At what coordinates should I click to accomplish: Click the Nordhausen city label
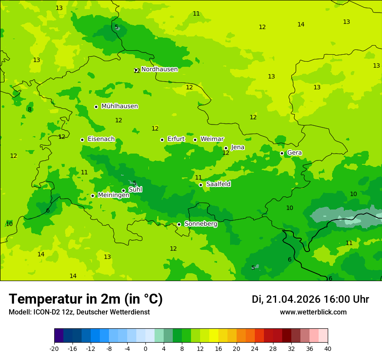(159, 69)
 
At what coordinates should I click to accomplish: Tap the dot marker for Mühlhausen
(96, 107)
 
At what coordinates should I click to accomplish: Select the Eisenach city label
(101, 139)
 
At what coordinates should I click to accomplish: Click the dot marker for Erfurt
(162, 140)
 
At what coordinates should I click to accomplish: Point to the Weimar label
(212, 139)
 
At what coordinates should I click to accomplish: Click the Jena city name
(237, 147)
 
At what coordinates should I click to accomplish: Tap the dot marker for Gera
(282, 153)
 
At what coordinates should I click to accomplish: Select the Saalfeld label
(218, 184)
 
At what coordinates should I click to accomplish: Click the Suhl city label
(135, 190)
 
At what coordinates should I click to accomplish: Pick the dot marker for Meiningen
(92, 196)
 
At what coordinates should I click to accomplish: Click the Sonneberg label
(201, 224)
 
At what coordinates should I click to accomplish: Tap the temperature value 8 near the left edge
(30, 109)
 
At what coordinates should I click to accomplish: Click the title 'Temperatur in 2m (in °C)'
(86, 299)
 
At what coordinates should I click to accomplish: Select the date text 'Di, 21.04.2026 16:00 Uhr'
(310, 299)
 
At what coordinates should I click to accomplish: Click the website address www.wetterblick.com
(313, 312)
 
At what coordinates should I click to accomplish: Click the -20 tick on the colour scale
(54, 348)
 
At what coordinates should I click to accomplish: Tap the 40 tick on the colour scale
(327, 348)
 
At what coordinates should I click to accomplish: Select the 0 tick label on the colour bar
(145, 348)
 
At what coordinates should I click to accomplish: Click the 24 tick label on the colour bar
(254, 348)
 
